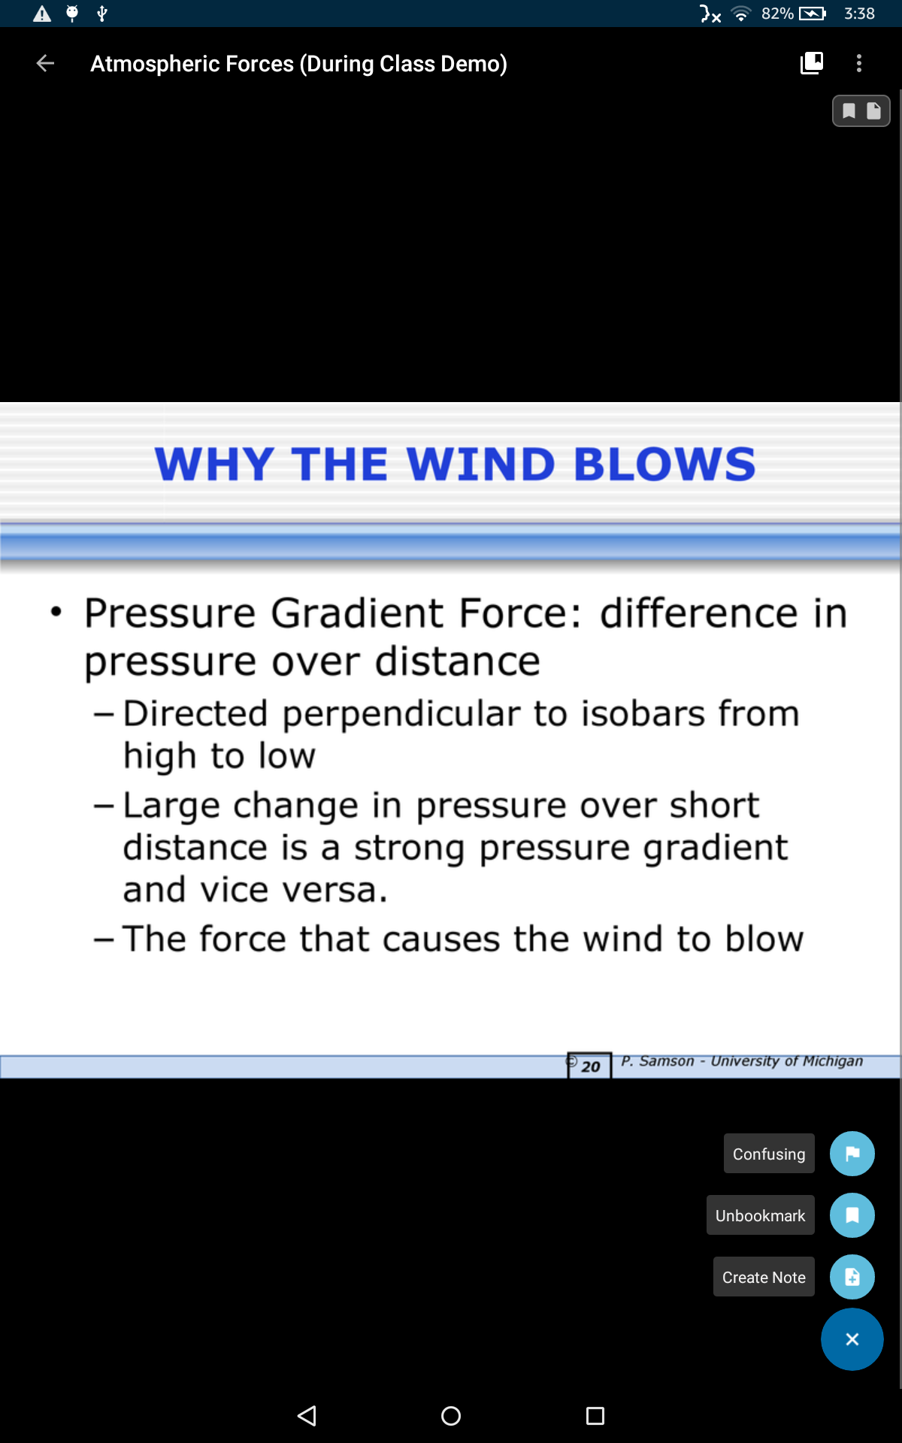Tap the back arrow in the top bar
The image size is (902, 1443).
tap(45, 63)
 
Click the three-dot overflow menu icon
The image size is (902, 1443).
tap(859, 63)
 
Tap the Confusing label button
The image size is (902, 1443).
tap(769, 1154)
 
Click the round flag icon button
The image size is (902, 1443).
tap(852, 1154)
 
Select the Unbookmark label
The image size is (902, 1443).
tap(760, 1215)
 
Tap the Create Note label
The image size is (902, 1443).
tap(764, 1277)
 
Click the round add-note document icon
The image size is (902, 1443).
tap(852, 1277)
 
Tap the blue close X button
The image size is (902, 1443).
tap(852, 1339)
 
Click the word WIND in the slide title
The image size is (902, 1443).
tap(481, 464)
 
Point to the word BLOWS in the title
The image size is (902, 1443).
tap(665, 464)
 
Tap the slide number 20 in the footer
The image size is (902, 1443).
tap(591, 1066)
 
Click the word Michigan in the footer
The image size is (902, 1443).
tap(833, 1061)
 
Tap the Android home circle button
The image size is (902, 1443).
tap(451, 1416)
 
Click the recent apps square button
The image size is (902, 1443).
tap(595, 1416)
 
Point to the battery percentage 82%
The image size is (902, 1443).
tap(777, 14)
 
